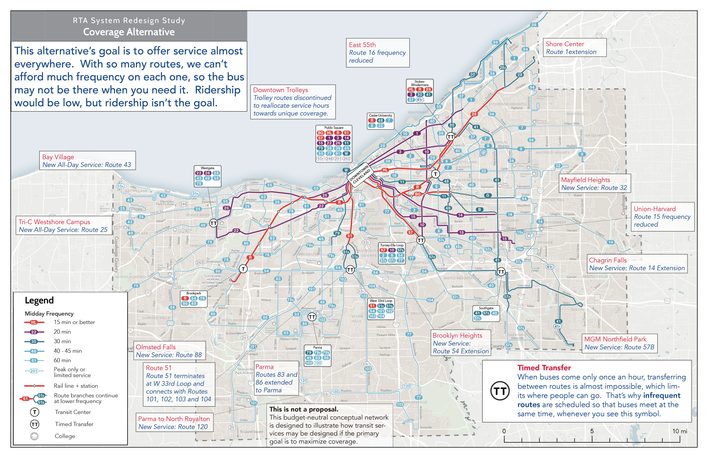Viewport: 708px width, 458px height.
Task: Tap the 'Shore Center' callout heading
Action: click(x=565, y=44)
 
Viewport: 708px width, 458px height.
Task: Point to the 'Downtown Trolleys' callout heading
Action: click(x=281, y=90)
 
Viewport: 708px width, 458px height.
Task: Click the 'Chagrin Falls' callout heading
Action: click(x=608, y=260)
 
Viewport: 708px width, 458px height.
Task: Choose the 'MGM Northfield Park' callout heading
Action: click(x=615, y=339)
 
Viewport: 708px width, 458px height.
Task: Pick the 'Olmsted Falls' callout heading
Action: click(x=156, y=347)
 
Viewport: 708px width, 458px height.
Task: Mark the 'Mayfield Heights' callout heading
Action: click(x=585, y=180)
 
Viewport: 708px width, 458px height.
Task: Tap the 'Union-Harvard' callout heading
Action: click(x=654, y=209)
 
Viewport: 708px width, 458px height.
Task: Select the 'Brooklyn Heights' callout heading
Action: click(x=457, y=335)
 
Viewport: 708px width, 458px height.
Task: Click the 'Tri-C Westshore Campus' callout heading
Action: click(x=54, y=222)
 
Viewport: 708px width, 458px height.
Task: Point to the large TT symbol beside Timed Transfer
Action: click(x=500, y=391)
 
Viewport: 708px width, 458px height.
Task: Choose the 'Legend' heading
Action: click(x=39, y=300)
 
